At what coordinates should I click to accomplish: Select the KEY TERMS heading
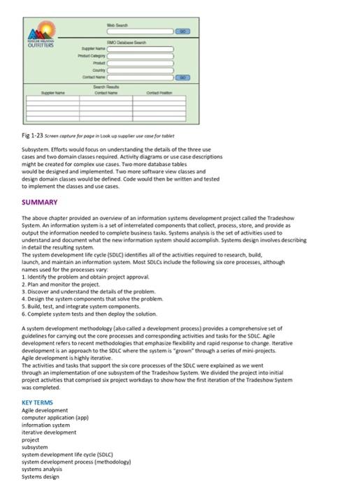coord(38,403)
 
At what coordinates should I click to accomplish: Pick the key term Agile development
coord(45,411)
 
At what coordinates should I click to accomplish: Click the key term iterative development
coord(49,432)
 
